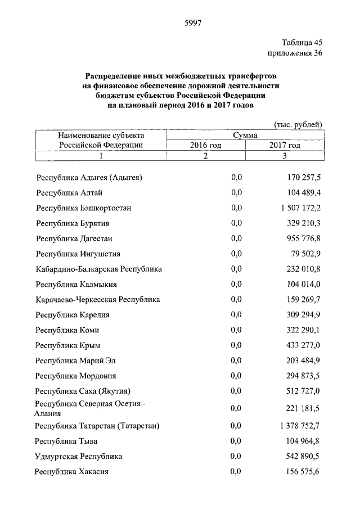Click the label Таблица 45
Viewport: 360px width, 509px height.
pyautogui.click(x=301, y=43)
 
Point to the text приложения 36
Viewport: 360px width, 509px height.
pyautogui.click(x=294, y=53)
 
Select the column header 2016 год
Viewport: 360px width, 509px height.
pyautogui.click(x=206, y=145)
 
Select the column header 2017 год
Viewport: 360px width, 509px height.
pyautogui.click(x=285, y=145)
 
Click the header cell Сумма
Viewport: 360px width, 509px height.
pyautogui.click(x=245, y=136)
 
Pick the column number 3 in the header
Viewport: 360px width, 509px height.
pyautogui.click(x=285, y=156)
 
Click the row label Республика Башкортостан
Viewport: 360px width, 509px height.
pyautogui.click(x=84, y=208)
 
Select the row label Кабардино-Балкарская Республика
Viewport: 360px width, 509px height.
pyautogui.click(x=98, y=269)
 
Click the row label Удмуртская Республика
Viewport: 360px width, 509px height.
pyautogui.click(x=79, y=456)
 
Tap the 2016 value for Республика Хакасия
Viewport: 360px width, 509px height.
pyautogui.click(x=236, y=471)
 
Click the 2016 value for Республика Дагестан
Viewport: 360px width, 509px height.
pyautogui.click(x=236, y=238)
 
